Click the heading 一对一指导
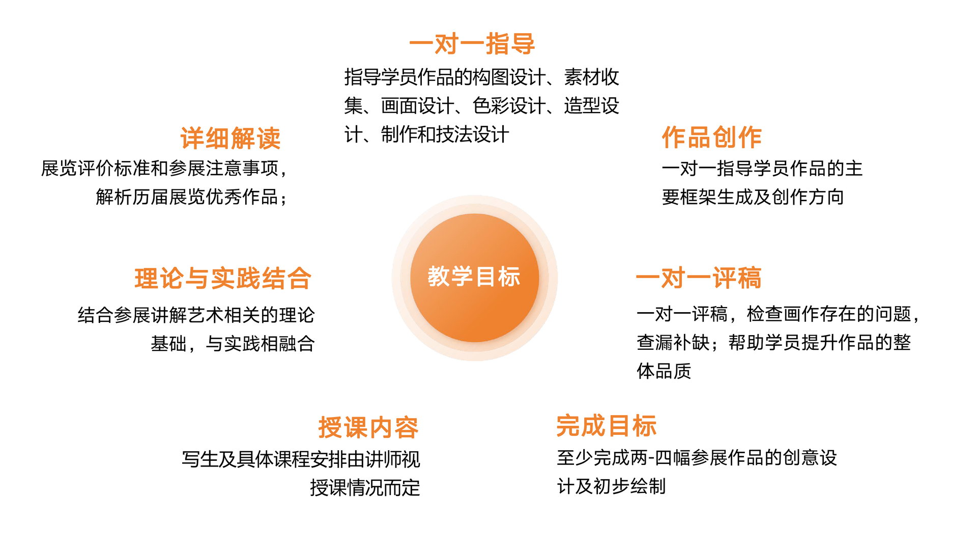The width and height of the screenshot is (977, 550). (x=472, y=44)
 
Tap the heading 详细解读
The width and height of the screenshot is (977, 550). (x=231, y=139)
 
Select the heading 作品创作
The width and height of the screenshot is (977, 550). (x=712, y=137)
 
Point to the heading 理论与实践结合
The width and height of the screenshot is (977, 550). (x=223, y=279)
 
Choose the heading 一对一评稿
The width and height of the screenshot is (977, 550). (x=699, y=278)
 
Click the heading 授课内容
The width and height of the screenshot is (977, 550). (x=368, y=427)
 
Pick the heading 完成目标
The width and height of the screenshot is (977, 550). (x=607, y=426)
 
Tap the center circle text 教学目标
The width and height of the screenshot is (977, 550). (x=474, y=277)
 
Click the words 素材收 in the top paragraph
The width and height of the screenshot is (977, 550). (x=592, y=77)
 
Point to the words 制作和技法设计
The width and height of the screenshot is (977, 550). (x=445, y=135)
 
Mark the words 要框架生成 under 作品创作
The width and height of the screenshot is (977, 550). (x=707, y=197)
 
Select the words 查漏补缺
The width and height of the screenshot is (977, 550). (x=673, y=343)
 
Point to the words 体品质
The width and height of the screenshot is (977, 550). (x=664, y=371)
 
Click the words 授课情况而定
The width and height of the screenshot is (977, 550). (x=365, y=488)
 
